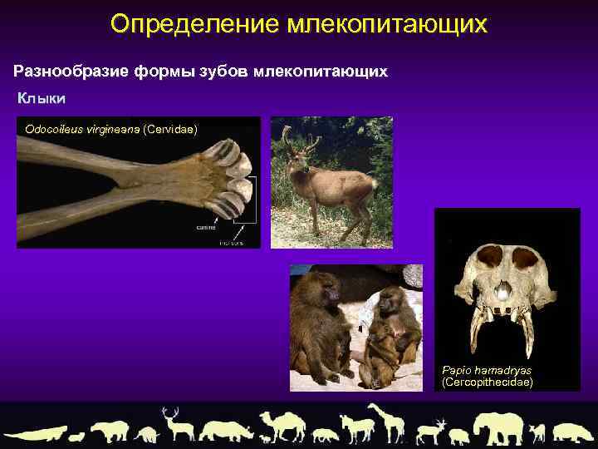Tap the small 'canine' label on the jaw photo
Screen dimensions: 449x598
tap(206, 226)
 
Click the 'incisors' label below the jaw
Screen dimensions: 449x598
tap(232, 243)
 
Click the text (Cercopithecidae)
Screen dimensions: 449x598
tap(488, 382)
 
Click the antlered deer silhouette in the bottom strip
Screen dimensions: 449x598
tap(177, 424)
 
